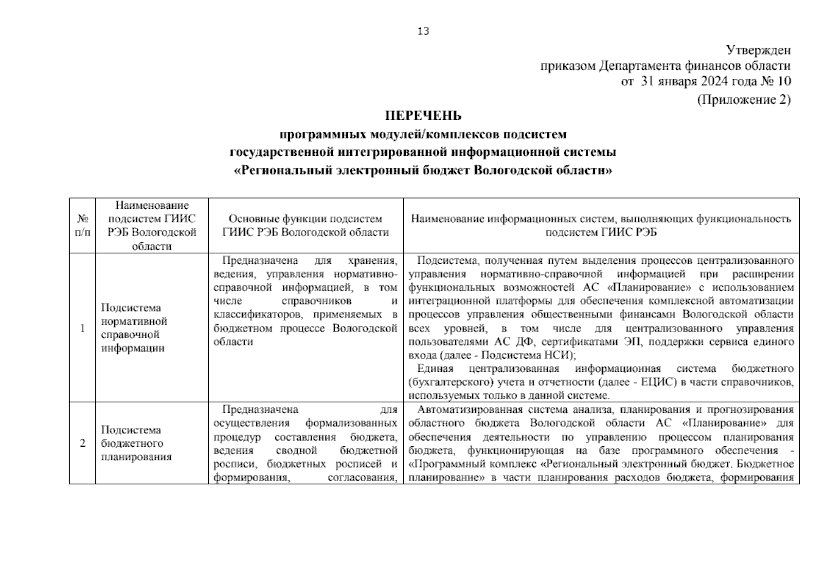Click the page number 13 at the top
point(423,32)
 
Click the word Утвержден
point(758,51)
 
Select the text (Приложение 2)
point(744,100)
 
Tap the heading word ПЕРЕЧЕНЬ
point(423,116)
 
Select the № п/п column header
point(82,226)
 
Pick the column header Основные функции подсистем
point(305,219)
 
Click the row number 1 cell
point(82,328)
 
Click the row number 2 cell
point(82,443)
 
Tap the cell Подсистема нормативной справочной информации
point(134,328)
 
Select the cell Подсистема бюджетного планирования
point(136,443)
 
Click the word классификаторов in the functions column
point(253,315)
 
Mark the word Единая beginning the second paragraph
point(435,369)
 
